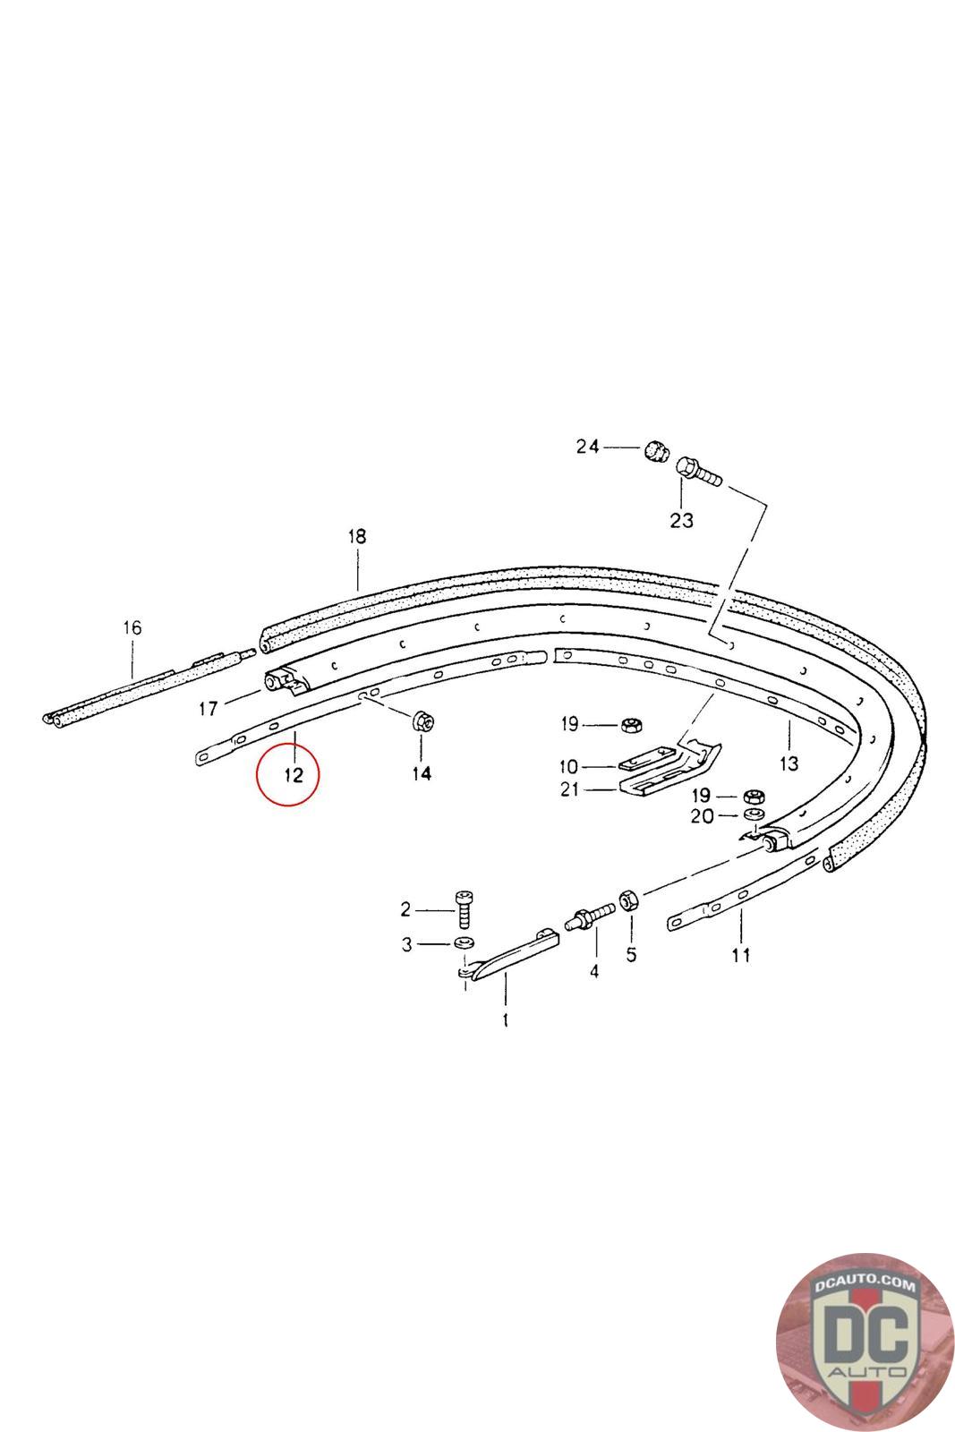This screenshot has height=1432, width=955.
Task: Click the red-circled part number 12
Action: tap(293, 775)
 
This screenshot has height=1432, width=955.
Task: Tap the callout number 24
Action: tap(587, 447)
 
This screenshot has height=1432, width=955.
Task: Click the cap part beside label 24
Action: tap(655, 451)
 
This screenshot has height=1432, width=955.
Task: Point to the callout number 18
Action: tap(357, 536)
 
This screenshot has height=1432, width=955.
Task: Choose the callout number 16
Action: tap(132, 627)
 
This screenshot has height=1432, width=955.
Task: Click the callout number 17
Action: tap(209, 708)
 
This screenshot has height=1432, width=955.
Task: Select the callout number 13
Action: tap(789, 763)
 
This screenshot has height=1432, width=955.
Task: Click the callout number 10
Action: tap(568, 766)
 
